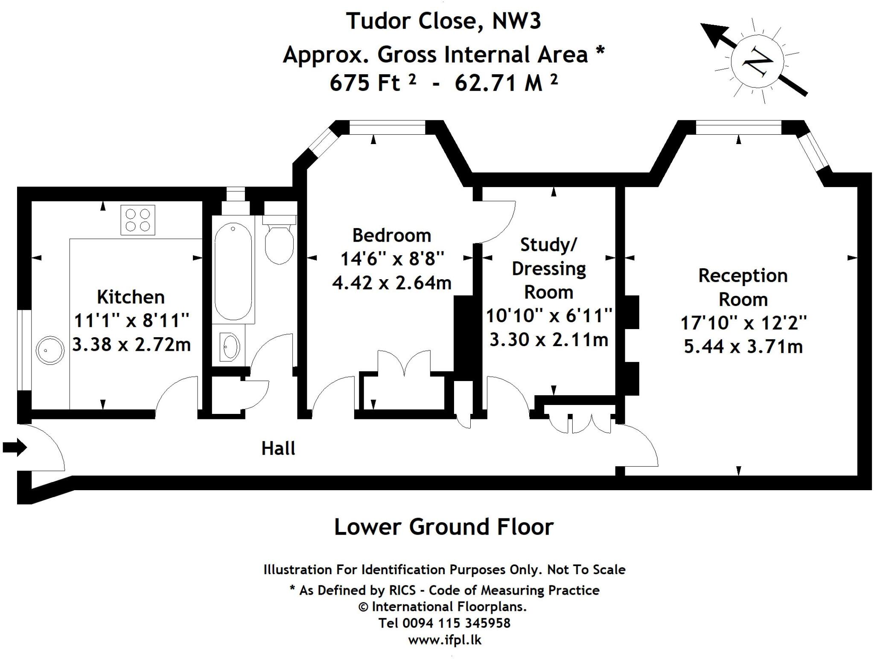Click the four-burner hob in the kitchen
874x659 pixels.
pyautogui.click(x=138, y=220)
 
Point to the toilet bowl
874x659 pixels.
pyautogui.click(x=279, y=245)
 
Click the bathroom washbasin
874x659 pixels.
pyautogui.click(x=230, y=346)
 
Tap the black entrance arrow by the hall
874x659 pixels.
pyautogui.click(x=15, y=447)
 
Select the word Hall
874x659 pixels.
pyautogui.click(x=278, y=449)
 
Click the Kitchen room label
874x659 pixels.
pyautogui.click(x=131, y=297)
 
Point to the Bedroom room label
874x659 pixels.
pyautogui.click(x=392, y=235)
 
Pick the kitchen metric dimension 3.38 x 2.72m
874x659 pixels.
pyautogui.click(x=131, y=344)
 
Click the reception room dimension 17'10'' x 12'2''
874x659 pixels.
pyautogui.click(x=743, y=323)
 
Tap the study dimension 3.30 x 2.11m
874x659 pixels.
pyautogui.click(x=549, y=340)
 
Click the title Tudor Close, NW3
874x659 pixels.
pyautogui.click(x=444, y=21)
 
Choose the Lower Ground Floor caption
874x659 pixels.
pyautogui.click(x=444, y=526)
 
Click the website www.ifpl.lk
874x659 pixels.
pyautogui.click(x=445, y=640)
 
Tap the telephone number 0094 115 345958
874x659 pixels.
pyautogui.click(x=456, y=623)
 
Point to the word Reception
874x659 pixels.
pyautogui.click(x=743, y=275)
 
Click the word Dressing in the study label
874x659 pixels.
pyautogui.click(x=549, y=269)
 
